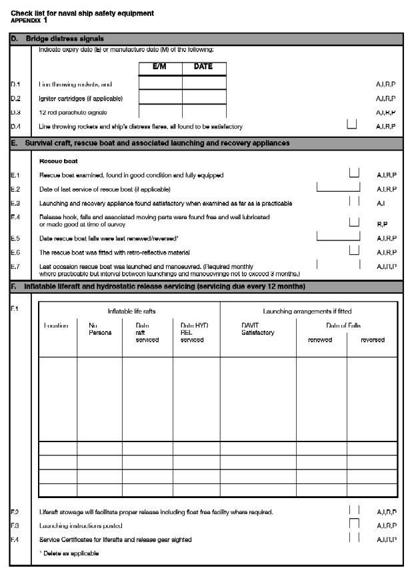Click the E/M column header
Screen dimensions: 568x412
click(x=160, y=67)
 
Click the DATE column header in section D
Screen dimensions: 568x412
click(x=203, y=67)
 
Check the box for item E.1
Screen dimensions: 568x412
click(x=354, y=173)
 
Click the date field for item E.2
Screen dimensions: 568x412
click(x=337, y=187)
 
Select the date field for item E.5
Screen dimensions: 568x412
click(x=337, y=236)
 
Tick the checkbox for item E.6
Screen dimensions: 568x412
click(x=354, y=250)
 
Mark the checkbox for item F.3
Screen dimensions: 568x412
click(x=354, y=524)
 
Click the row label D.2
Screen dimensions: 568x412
click(x=16, y=99)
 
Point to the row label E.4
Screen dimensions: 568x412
click(x=16, y=217)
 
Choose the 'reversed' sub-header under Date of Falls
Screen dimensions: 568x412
click(x=372, y=340)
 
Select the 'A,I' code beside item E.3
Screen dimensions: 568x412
click(x=381, y=202)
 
